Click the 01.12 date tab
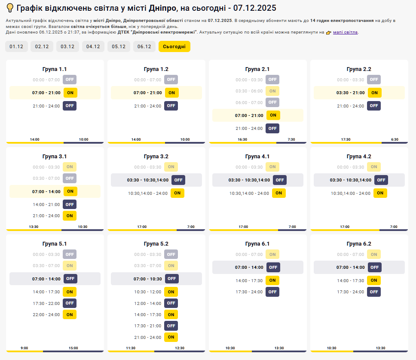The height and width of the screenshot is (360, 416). click(x=16, y=46)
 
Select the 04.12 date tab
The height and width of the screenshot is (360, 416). click(x=93, y=46)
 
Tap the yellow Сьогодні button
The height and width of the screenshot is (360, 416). click(x=174, y=46)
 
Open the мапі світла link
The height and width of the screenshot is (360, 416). click(x=345, y=32)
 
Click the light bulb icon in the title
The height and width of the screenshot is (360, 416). click(x=9, y=8)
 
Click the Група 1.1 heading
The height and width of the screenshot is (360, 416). click(x=55, y=69)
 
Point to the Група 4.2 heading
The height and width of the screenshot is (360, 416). click(x=359, y=157)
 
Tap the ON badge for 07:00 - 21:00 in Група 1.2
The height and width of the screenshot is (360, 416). click(x=171, y=92)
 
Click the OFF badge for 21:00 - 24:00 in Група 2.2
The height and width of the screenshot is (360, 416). click(x=374, y=106)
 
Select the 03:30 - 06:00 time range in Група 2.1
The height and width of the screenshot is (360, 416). click(x=249, y=91)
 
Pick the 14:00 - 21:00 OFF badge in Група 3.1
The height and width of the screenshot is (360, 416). click(x=70, y=204)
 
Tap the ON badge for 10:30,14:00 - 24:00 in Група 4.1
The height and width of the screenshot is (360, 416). click(x=278, y=193)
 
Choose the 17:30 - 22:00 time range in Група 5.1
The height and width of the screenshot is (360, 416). click(x=46, y=303)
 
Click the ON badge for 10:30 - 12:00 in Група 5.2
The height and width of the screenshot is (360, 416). click(x=171, y=292)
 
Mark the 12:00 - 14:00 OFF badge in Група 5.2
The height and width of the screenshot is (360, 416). click(x=171, y=303)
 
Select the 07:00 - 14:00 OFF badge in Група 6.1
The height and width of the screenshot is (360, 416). click(x=273, y=267)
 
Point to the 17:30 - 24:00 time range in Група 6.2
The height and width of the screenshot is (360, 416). click(x=351, y=292)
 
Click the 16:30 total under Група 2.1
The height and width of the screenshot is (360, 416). click(x=242, y=139)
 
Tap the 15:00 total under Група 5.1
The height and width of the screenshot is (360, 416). click(x=73, y=348)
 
